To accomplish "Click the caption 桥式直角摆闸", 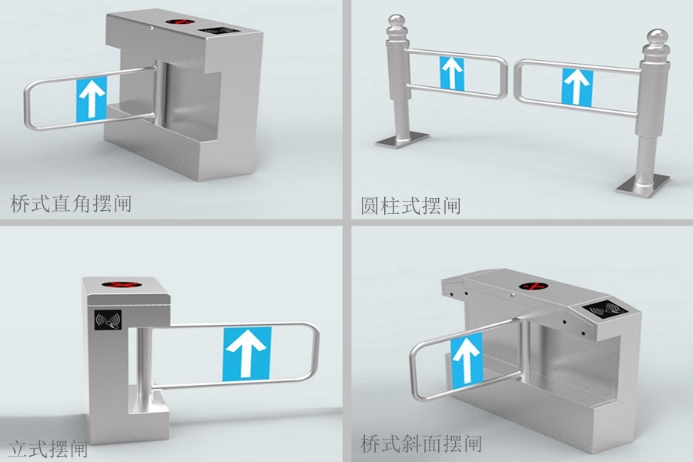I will pos(71,204).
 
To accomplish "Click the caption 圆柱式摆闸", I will pos(410,206).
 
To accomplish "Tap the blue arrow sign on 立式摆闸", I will pos(248,353).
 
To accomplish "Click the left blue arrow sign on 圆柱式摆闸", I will pos(452,72).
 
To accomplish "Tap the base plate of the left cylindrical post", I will pos(402,139).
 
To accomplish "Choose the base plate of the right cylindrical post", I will pos(641,183).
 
